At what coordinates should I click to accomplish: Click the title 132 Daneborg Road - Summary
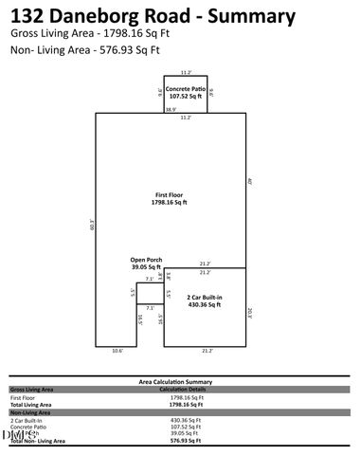(x=153, y=16)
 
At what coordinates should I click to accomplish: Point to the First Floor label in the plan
(x=171, y=198)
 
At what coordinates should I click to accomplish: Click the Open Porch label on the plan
(x=146, y=264)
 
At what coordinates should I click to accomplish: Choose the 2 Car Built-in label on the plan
(x=204, y=301)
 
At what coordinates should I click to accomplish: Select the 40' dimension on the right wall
(x=249, y=181)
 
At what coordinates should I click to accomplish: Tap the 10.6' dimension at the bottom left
(x=117, y=351)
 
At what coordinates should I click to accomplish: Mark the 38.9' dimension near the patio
(x=170, y=110)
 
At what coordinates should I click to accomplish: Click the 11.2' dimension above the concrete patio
(x=186, y=71)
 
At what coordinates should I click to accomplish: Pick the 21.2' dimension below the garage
(x=206, y=351)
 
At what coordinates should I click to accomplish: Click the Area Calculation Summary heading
(x=180, y=380)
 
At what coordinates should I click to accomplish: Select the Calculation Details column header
(x=183, y=389)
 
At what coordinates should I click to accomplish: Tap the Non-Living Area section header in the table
(x=29, y=412)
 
